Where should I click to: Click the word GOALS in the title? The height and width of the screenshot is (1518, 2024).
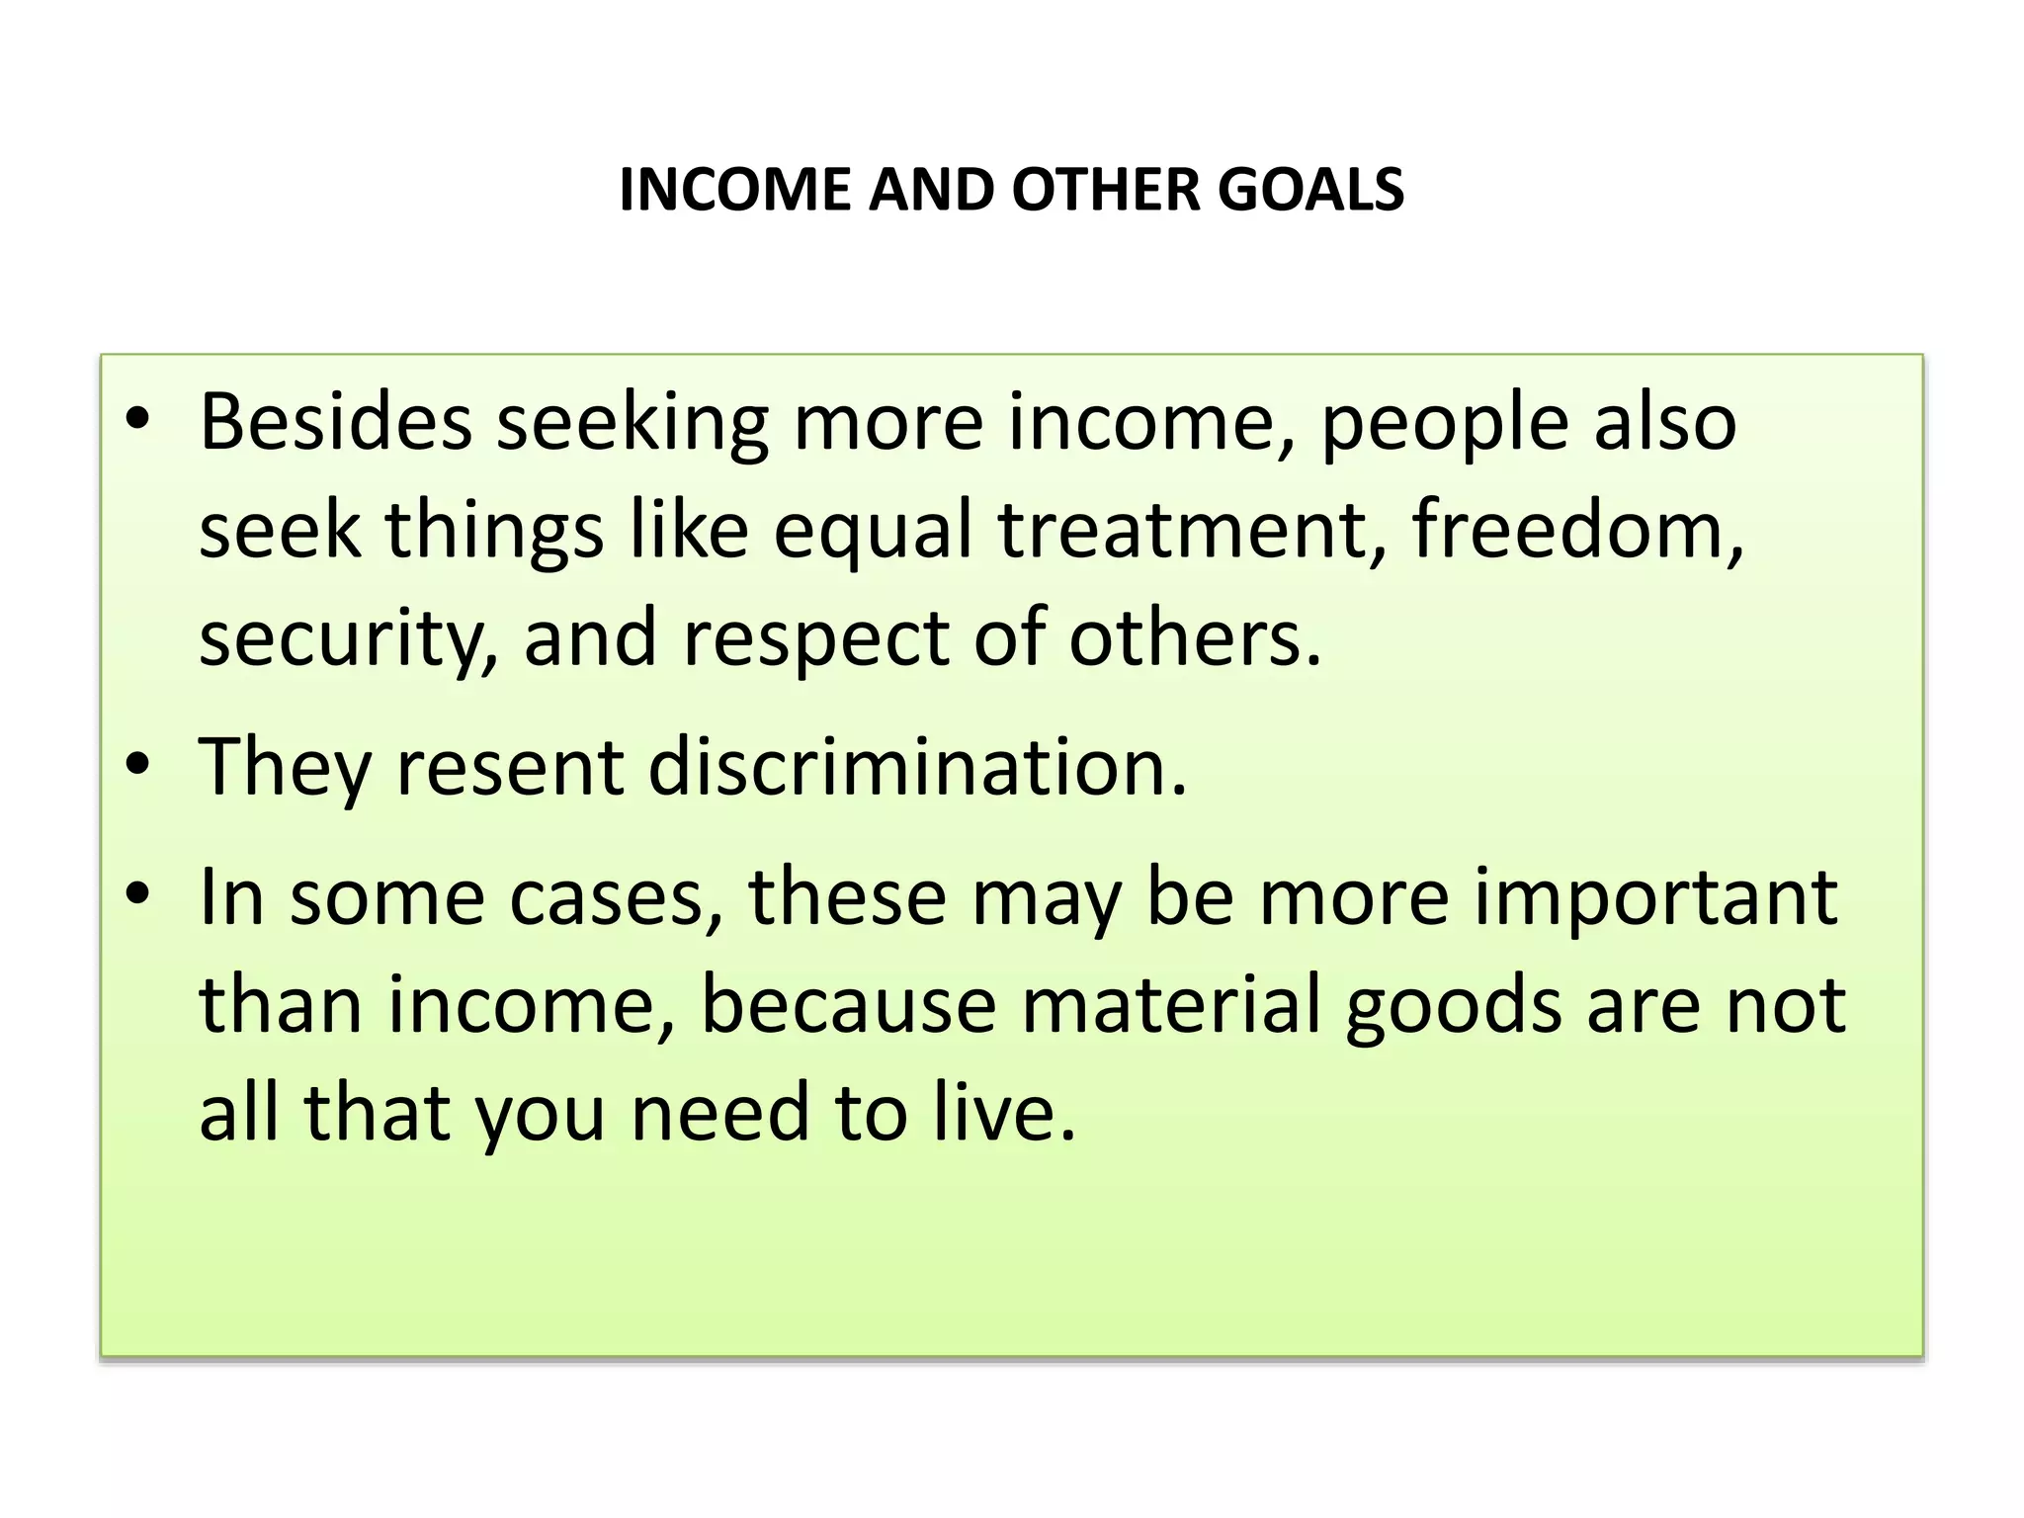(1310, 190)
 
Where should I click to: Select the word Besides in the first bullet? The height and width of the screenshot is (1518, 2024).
(335, 423)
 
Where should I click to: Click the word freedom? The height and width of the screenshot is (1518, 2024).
(1577, 530)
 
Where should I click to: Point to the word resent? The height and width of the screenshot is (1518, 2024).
(509, 769)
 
